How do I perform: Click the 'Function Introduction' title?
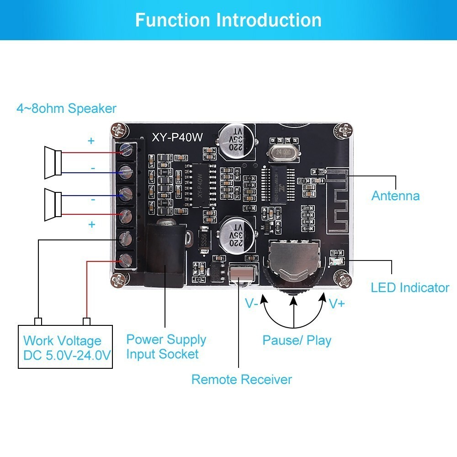coord(228,20)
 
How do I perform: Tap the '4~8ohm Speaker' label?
coord(66,109)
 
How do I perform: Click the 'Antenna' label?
coord(395,196)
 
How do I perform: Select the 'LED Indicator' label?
coord(410,287)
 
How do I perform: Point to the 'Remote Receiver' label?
coord(241,379)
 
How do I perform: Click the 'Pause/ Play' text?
coord(297,340)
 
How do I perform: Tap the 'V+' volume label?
coord(337,303)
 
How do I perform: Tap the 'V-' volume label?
coord(252,303)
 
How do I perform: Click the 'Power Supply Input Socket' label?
coord(166,346)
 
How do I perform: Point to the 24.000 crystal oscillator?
coord(280,152)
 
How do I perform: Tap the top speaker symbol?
coord(53,162)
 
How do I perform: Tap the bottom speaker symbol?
coord(53,204)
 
